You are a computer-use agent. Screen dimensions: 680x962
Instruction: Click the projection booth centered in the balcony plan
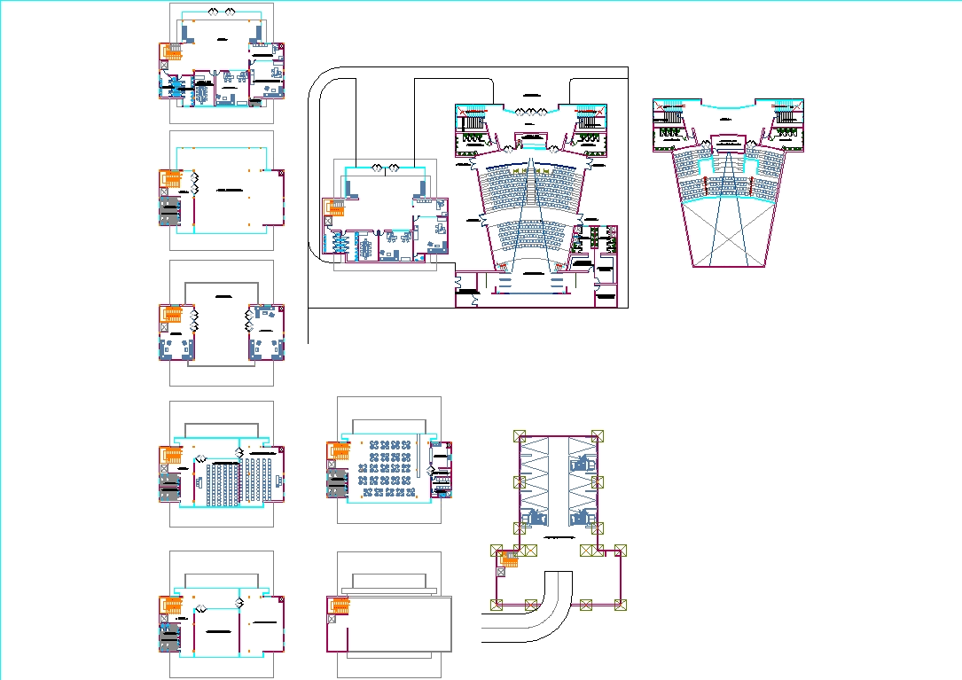point(728,141)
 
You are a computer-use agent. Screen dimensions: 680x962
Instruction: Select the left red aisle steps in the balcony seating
point(707,187)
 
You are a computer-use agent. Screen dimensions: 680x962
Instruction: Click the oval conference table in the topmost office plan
point(201,91)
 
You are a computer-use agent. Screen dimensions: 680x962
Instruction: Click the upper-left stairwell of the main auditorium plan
point(473,120)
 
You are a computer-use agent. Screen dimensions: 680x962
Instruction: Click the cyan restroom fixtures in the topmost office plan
point(176,86)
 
